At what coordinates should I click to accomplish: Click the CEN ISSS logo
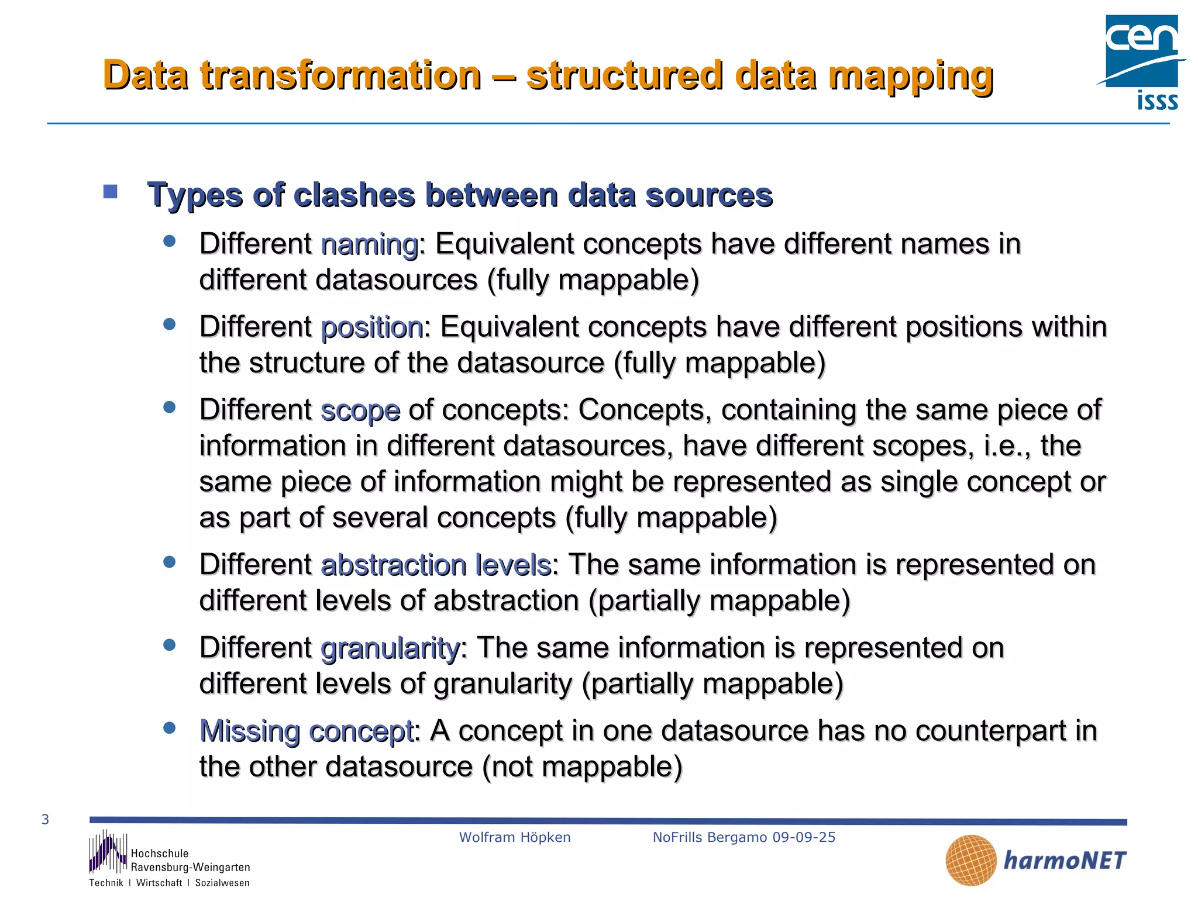[x=1141, y=62]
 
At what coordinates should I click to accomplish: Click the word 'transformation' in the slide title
[x=340, y=76]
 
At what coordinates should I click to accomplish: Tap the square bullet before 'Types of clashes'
[x=110, y=192]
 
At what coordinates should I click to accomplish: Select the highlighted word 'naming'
[x=369, y=244]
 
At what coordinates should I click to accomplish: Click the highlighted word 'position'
[x=372, y=327]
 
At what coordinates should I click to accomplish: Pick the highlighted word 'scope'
[x=360, y=410]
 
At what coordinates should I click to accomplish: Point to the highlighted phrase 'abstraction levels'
[x=436, y=565]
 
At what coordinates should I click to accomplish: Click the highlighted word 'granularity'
[x=390, y=648]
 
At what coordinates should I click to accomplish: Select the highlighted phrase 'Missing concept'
[x=307, y=731]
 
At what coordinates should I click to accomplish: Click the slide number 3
[x=46, y=820]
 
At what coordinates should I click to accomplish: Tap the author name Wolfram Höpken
[x=515, y=837]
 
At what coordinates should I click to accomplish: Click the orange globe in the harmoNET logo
[x=970, y=860]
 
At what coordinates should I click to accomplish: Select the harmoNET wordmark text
[x=1065, y=861]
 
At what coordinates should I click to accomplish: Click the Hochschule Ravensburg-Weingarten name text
[x=190, y=861]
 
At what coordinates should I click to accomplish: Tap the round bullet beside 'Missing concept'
[x=170, y=728]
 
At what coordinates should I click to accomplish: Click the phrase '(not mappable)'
[x=582, y=767]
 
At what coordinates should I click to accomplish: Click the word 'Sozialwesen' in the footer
[x=222, y=883]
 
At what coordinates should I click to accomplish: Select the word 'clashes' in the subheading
[x=354, y=195]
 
